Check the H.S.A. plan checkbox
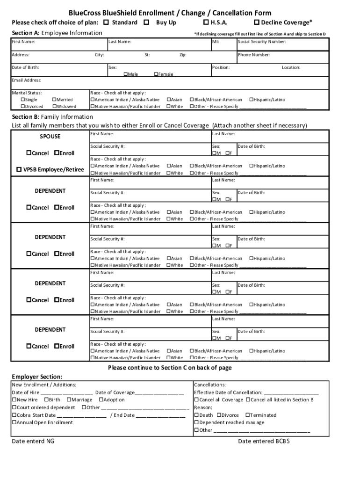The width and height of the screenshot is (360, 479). click(206, 22)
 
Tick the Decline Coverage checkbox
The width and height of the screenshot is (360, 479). click(256, 22)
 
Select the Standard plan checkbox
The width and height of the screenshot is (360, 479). click(106, 22)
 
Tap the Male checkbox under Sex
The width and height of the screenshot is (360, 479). click(126, 74)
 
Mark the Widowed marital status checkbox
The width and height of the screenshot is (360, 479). click(54, 107)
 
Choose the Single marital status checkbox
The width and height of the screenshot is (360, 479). click(23, 100)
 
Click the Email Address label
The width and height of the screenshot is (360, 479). click(27, 80)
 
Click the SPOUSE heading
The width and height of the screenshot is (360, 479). click(50, 137)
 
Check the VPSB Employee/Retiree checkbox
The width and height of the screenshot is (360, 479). click(19, 169)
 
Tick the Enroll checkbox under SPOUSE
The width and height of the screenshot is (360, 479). click(57, 153)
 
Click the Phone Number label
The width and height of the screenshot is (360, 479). click(254, 55)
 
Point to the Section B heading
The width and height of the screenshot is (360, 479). click(52, 117)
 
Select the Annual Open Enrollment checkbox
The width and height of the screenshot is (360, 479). click(14, 422)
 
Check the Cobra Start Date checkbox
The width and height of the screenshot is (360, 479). click(14, 415)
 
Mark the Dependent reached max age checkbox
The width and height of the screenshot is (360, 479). click(197, 422)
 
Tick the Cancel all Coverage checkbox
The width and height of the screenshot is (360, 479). click(197, 400)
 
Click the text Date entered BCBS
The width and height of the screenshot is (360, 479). click(264, 441)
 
